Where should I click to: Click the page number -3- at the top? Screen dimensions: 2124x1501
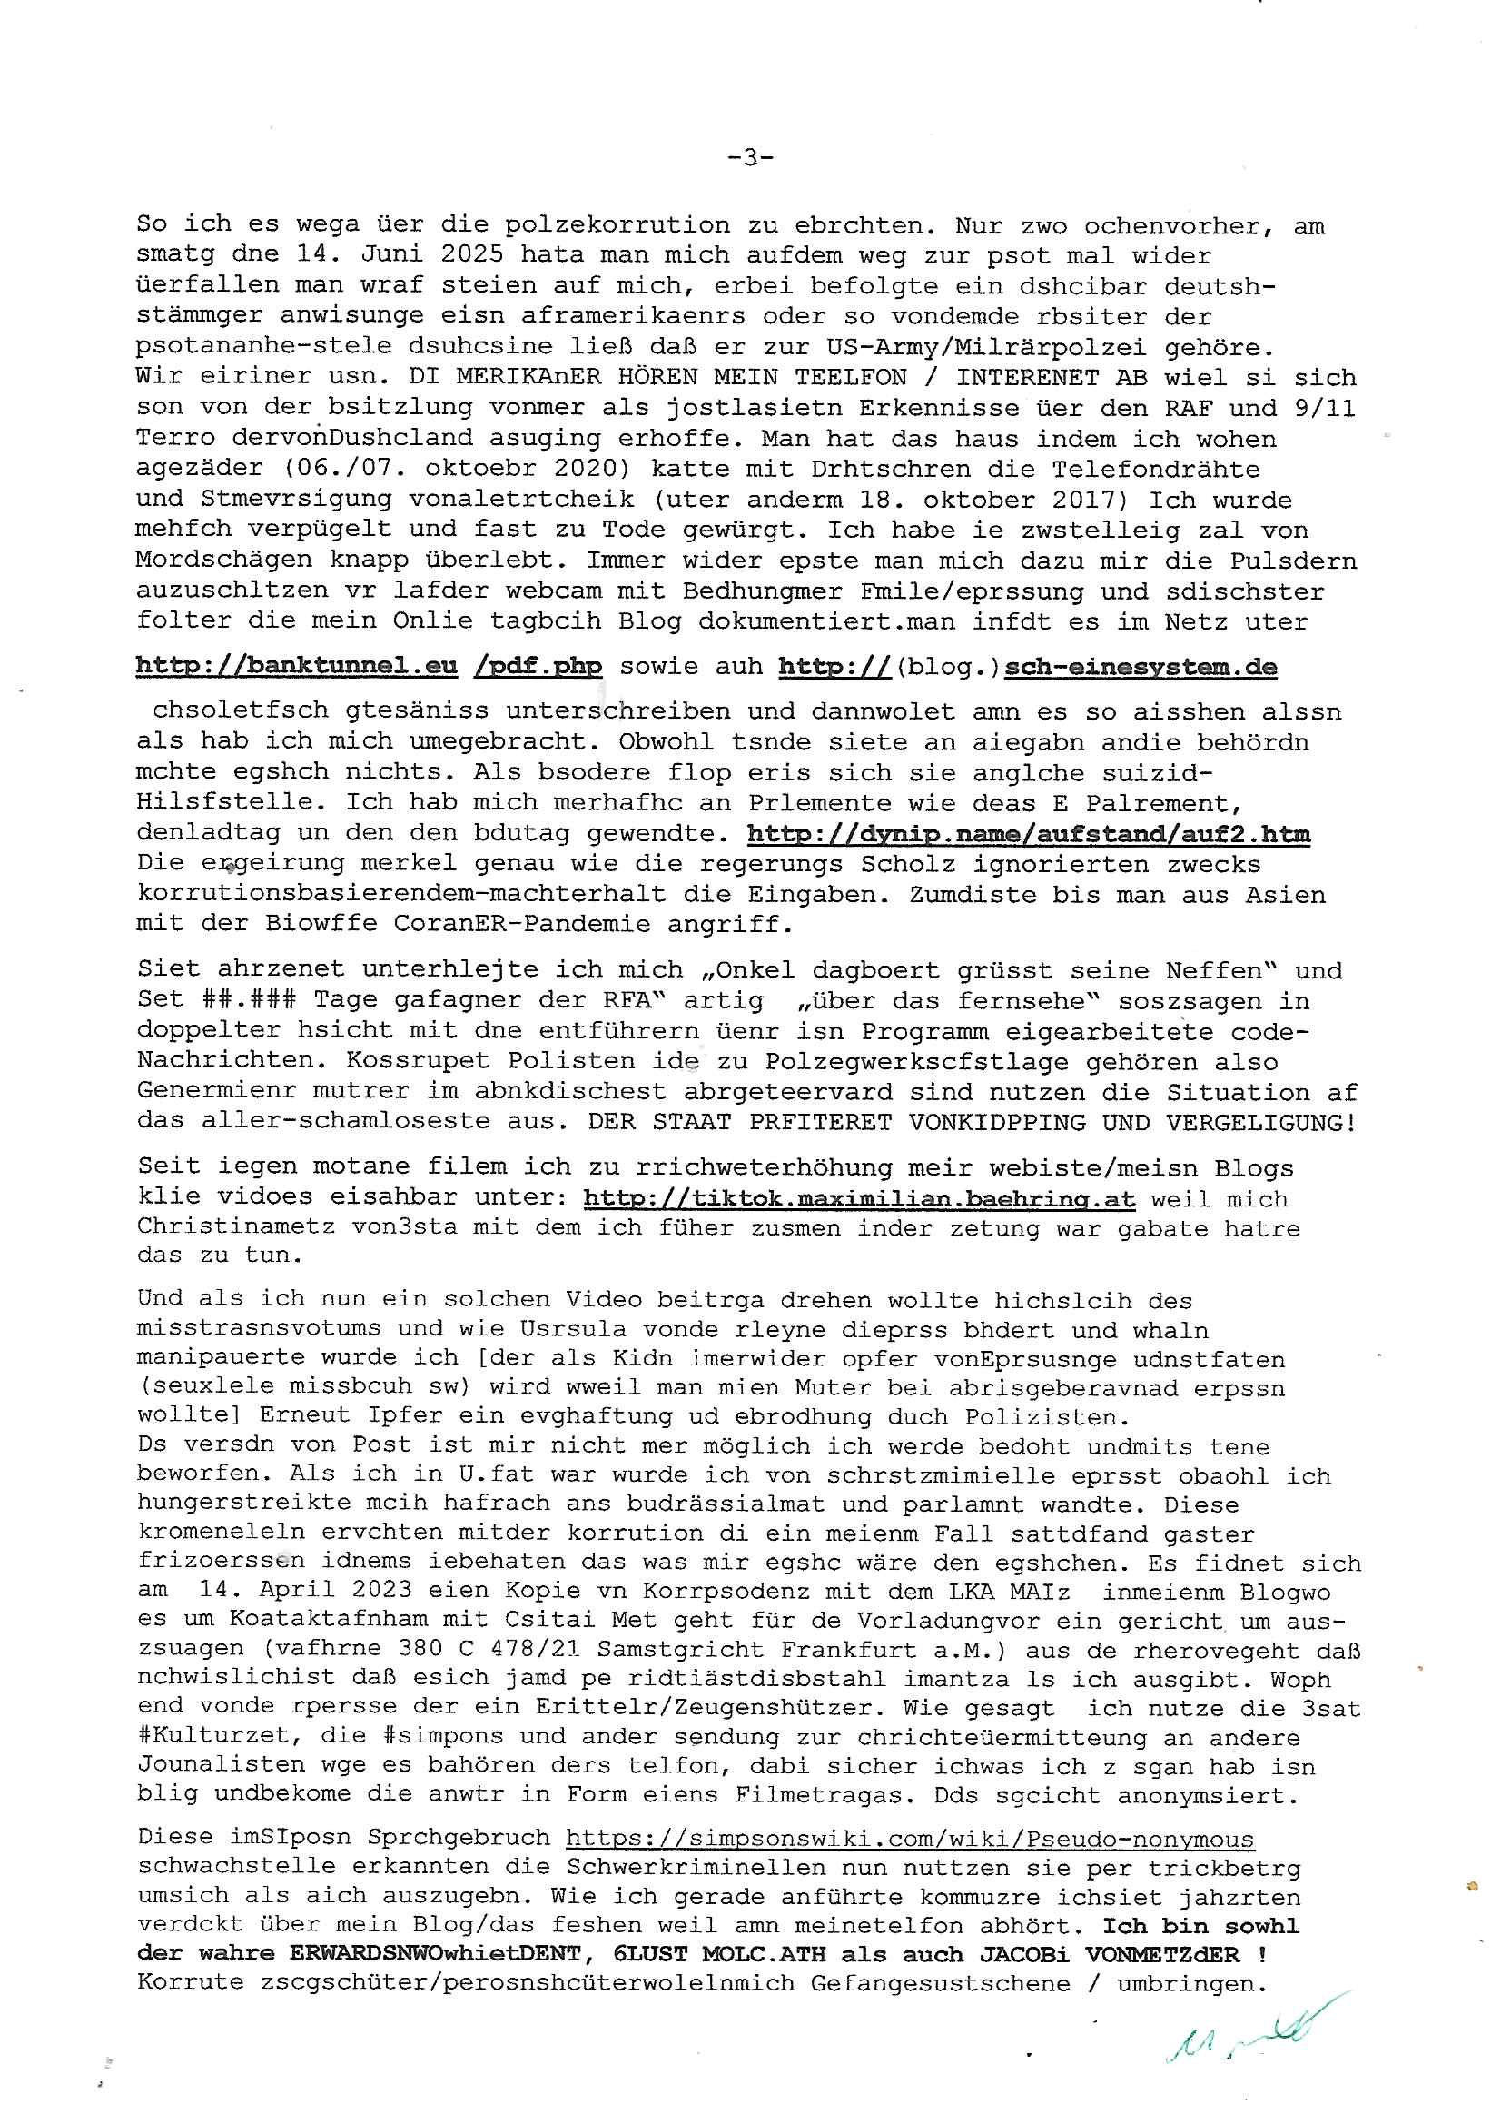(750, 158)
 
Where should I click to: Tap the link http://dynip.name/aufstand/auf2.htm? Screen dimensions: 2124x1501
(1028, 833)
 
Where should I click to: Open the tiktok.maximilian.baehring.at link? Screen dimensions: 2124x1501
(859, 1199)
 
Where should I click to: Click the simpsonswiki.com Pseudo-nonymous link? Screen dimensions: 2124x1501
(910, 1839)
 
